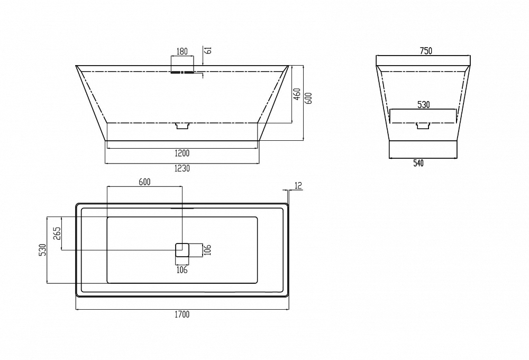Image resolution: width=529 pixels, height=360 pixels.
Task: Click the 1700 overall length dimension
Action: pyautogui.click(x=182, y=315)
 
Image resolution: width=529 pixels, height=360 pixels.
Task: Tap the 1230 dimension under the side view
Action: pyautogui.click(x=182, y=168)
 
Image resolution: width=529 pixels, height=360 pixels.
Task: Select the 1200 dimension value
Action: pyautogui.click(x=182, y=154)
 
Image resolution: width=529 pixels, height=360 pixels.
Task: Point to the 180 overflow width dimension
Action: pyautogui.click(x=182, y=51)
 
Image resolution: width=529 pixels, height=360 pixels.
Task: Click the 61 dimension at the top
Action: pyautogui.click(x=208, y=50)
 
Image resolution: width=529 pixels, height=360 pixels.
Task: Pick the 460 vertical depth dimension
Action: pyautogui.click(x=297, y=94)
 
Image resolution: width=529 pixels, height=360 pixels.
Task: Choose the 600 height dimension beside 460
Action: pyautogui.click(x=309, y=98)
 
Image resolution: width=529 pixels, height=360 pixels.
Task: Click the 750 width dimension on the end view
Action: pyautogui.click(x=426, y=51)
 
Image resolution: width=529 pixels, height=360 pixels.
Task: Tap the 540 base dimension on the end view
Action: pyautogui.click(x=418, y=164)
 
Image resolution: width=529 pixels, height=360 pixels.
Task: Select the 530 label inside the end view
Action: pyautogui.click(x=423, y=105)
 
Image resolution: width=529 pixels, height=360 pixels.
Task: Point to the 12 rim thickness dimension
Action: pyautogui.click(x=298, y=185)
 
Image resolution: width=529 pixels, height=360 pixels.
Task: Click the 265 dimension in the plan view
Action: pyautogui.click(x=57, y=233)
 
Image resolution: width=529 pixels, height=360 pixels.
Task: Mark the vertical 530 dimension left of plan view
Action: pyautogui.click(x=42, y=250)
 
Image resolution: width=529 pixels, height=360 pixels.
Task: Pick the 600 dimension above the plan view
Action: pyautogui.click(x=144, y=182)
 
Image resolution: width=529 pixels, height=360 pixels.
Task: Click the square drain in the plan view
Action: pyautogui.click(x=182, y=250)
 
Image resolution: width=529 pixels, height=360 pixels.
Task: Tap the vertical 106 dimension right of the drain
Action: pyautogui.click(x=207, y=250)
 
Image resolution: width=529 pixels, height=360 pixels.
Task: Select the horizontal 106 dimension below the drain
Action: pyautogui.click(x=182, y=270)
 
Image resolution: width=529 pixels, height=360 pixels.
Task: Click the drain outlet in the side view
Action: pyautogui.click(x=183, y=126)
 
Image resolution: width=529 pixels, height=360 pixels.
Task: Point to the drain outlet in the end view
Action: pyautogui.click(x=424, y=125)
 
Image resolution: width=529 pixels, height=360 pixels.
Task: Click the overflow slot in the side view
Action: pyautogui.click(x=182, y=72)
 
